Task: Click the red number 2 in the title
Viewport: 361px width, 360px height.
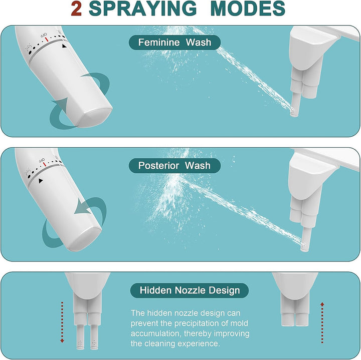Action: click(76, 9)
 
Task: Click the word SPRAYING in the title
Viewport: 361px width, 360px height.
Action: click(143, 9)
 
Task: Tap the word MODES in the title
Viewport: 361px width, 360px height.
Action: click(248, 9)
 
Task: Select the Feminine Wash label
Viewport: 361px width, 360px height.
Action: click(174, 43)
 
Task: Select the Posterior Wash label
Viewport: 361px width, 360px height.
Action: click(174, 166)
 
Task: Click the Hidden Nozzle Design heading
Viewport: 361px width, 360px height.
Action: click(190, 290)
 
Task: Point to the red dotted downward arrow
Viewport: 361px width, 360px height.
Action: click(62, 322)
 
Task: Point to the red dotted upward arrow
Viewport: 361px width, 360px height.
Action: click(322, 323)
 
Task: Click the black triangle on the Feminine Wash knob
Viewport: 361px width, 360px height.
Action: click(64, 46)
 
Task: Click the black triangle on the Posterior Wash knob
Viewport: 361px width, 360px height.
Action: click(41, 181)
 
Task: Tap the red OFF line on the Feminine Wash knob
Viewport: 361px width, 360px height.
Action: click(47, 40)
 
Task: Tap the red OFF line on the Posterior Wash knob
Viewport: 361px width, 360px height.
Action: click(45, 164)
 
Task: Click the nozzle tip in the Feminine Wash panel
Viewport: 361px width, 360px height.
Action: click(294, 113)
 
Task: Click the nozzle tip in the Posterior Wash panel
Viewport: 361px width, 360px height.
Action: click(304, 247)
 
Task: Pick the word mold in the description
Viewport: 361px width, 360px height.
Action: click(239, 323)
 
